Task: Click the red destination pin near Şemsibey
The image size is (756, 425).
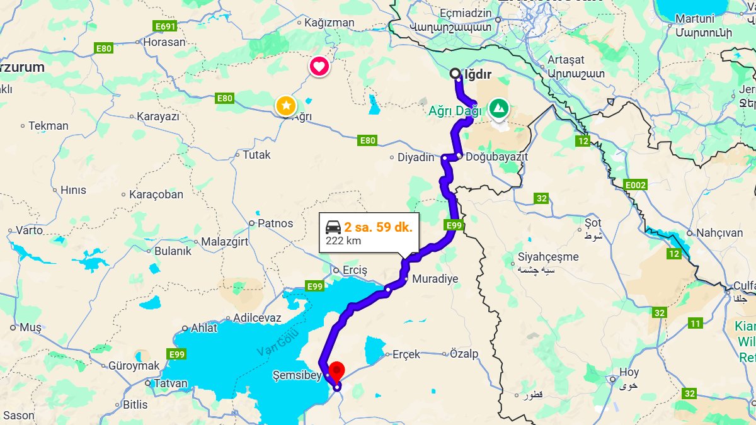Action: tap(337, 370)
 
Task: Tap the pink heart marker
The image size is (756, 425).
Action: tap(319, 65)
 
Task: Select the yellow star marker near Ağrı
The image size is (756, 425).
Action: tap(286, 105)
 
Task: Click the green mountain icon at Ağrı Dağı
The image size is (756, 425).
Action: tap(499, 108)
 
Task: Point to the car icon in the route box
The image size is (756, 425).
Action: tap(333, 227)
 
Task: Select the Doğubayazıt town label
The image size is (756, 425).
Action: tap(496, 156)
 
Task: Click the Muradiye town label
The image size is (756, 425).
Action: tap(435, 278)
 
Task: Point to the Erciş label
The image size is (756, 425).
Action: tap(355, 270)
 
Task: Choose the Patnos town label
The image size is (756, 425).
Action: tap(275, 223)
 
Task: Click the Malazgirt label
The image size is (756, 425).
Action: tap(224, 241)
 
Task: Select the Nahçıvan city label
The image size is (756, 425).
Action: tap(719, 232)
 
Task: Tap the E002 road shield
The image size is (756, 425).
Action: tap(635, 185)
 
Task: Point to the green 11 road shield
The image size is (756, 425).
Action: tap(696, 324)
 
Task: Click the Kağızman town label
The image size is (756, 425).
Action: tap(329, 23)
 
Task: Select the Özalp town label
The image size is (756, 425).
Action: tap(464, 354)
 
